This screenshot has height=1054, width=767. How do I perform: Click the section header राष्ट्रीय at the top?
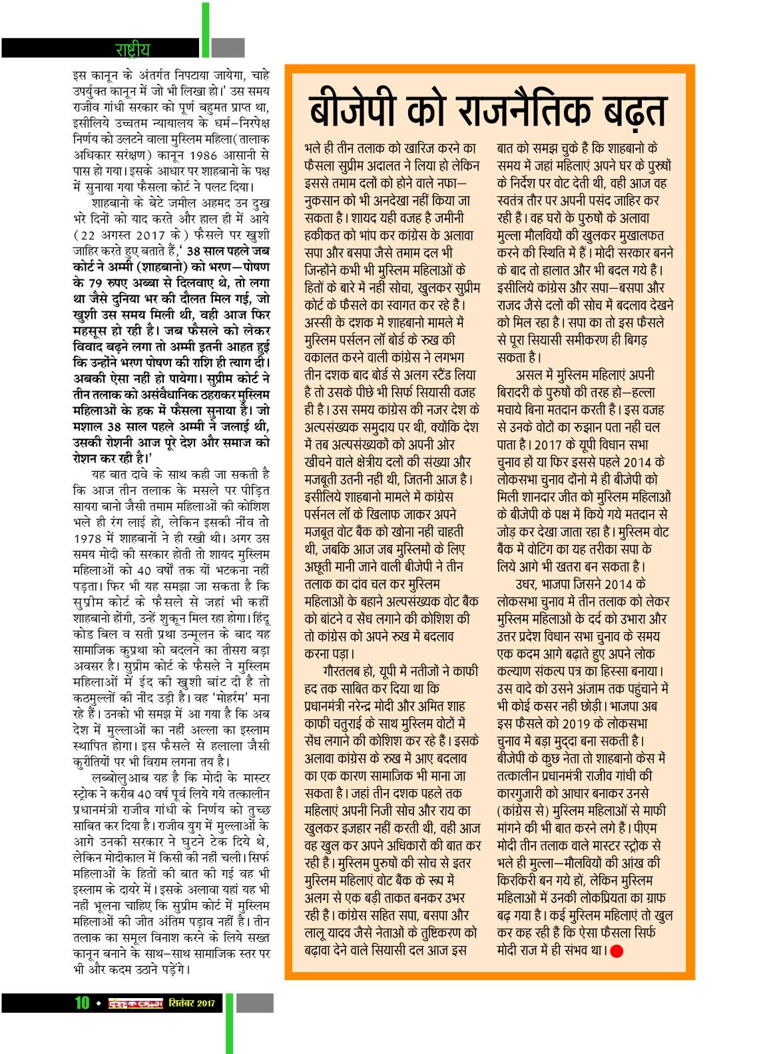[132, 49]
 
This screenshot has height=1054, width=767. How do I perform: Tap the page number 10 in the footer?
[82, 1003]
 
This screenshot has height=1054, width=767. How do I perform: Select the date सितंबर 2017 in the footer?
[192, 1003]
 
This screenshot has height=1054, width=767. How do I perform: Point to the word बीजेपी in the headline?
[355, 110]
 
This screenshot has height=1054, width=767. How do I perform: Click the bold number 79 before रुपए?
[96, 283]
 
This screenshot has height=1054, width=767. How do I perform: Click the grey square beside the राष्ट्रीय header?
[228, 48]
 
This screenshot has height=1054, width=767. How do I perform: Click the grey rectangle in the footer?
[255, 1003]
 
